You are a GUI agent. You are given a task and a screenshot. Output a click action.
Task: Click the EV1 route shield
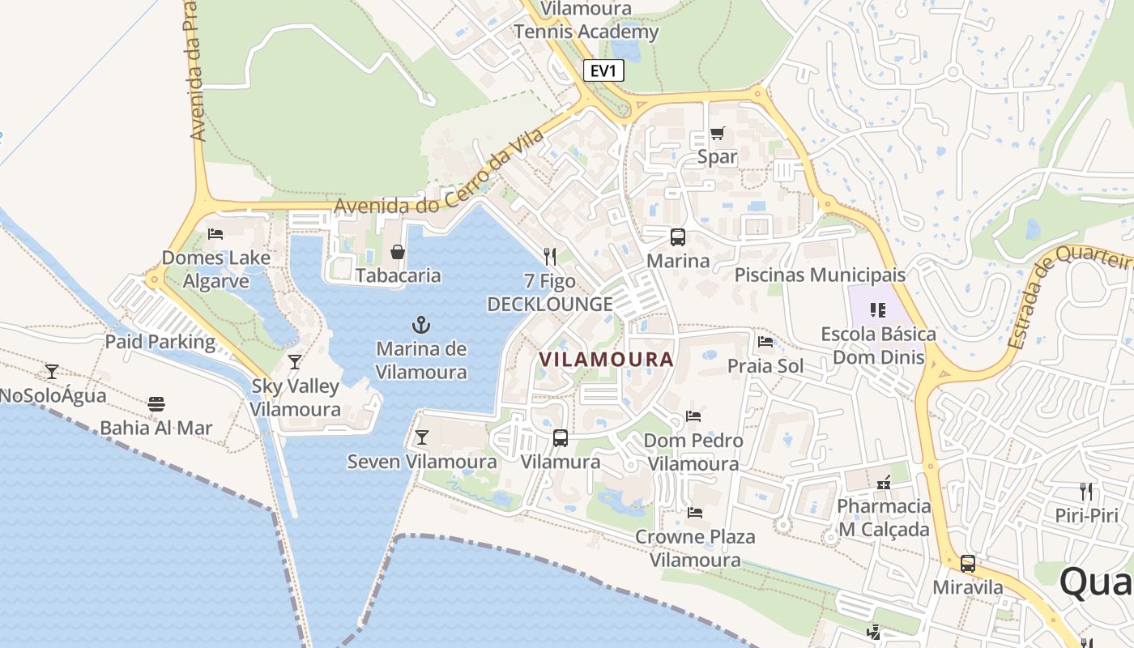(x=603, y=70)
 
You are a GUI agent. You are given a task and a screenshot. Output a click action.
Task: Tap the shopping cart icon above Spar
(x=717, y=134)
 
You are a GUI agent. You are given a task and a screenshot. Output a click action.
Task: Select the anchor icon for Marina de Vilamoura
(x=420, y=326)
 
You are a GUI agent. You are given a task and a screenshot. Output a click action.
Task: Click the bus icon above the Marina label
(x=678, y=237)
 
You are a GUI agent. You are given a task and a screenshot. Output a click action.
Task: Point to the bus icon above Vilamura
(x=560, y=438)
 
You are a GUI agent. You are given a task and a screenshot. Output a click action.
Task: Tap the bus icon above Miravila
(x=968, y=564)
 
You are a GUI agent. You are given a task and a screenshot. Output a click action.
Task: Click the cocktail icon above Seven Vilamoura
(x=421, y=437)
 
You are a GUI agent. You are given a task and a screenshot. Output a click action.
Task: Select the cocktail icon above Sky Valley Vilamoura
(x=295, y=361)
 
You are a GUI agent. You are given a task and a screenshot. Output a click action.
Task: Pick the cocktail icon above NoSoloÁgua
(x=52, y=371)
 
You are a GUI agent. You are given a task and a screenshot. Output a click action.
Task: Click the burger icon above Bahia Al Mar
(x=156, y=403)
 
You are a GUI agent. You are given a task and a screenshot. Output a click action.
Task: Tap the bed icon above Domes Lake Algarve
(x=215, y=234)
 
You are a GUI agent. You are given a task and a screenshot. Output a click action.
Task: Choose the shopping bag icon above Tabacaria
(x=398, y=252)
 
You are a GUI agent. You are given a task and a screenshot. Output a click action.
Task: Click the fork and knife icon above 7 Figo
(x=550, y=257)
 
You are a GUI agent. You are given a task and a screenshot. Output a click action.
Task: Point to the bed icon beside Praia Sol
(x=765, y=341)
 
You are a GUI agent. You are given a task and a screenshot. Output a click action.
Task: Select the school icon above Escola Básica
(x=877, y=309)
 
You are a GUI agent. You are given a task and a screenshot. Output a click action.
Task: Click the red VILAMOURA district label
(x=606, y=359)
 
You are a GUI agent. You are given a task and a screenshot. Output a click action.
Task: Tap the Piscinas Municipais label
(x=820, y=275)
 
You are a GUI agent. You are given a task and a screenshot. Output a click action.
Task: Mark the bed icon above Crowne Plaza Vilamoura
(x=694, y=512)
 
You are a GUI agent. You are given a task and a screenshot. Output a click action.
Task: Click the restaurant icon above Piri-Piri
(x=1086, y=491)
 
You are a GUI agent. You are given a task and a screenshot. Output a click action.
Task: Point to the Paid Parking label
(x=160, y=341)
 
